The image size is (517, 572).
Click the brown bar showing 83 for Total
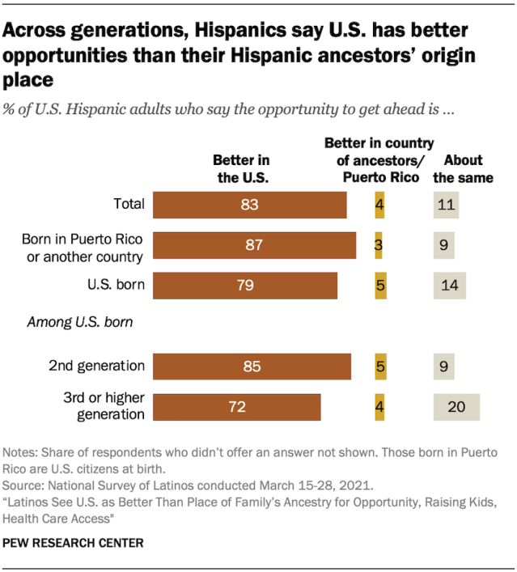249,205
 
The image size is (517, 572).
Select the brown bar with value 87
254,245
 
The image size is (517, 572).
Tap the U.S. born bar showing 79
244,285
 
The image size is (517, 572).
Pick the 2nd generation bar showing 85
252,367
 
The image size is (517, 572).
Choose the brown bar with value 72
236,406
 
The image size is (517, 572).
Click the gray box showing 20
456,406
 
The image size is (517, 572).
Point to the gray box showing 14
450,285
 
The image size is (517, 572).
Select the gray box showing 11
446,205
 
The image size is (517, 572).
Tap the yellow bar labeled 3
379,245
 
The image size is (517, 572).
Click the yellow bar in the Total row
379,205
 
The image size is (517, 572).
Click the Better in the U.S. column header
241,168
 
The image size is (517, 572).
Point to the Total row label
129,204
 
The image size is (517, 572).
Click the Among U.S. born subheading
80,321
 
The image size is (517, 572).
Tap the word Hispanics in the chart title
239,32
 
